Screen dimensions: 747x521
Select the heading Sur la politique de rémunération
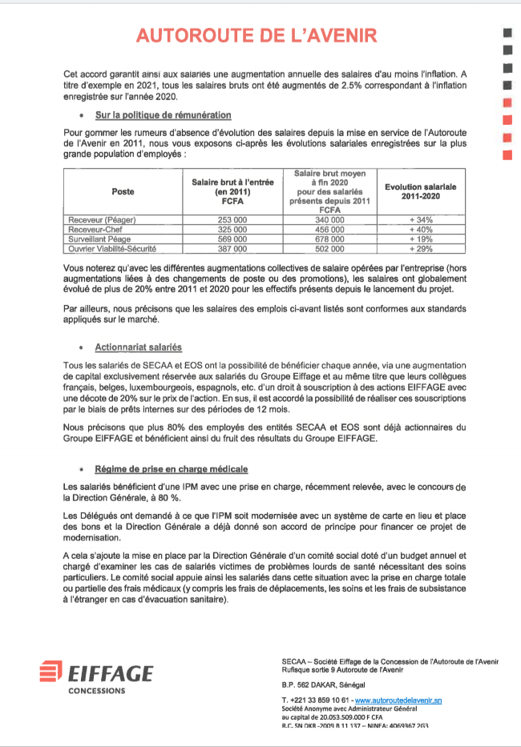[x=163, y=115]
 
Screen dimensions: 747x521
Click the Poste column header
[x=123, y=192]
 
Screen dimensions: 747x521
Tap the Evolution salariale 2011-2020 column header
[x=420, y=191]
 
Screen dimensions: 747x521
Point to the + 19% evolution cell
[x=420, y=239]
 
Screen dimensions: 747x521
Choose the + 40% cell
[x=420, y=229]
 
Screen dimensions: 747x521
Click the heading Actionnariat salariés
[x=138, y=347]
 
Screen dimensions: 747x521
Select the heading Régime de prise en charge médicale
[x=171, y=468]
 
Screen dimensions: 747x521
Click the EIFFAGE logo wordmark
[x=110, y=673]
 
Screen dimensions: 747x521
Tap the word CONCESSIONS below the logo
[x=96, y=690]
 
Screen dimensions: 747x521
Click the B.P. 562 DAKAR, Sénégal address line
[x=323, y=685]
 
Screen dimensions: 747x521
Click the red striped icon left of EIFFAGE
[x=51, y=673]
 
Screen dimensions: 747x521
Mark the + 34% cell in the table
[x=420, y=219]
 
